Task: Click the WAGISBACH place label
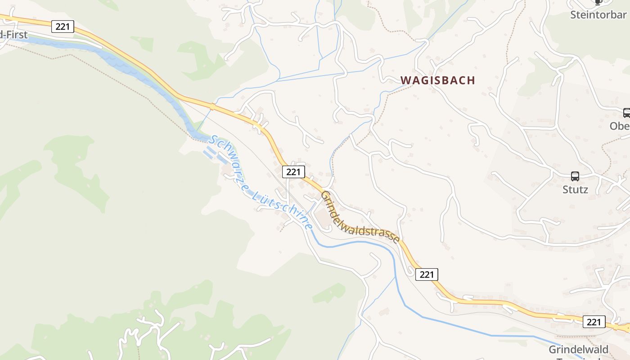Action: pos(438,81)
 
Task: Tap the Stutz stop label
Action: pos(575,189)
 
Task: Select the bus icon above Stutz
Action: pos(575,176)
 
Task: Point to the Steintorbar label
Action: pos(598,15)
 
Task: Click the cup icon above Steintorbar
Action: pos(598,2)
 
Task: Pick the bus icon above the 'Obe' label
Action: pos(626,112)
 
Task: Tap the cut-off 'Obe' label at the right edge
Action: pos(620,126)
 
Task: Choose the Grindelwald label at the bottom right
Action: pos(578,350)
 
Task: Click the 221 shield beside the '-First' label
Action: pos(63,27)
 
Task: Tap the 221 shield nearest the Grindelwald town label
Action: pos(594,322)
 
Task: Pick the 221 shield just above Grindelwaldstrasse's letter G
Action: pos(293,171)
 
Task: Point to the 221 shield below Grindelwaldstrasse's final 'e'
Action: pos(426,274)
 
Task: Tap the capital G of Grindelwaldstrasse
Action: pos(325,194)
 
